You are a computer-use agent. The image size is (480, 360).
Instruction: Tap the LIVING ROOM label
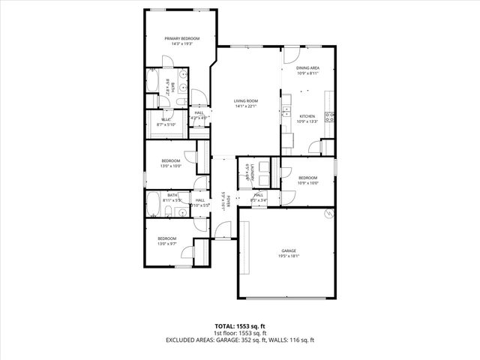(x=246, y=100)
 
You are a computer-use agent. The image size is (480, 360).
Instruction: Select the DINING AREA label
(x=307, y=68)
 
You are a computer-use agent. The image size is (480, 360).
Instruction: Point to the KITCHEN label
(x=307, y=116)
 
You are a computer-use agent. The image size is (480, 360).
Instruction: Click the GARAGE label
(x=289, y=250)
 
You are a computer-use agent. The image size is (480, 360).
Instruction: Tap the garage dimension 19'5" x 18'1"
(x=289, y=256)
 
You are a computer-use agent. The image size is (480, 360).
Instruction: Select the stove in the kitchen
(x=329, y=115)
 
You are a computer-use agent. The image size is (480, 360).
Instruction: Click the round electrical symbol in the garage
(x=327, y=214)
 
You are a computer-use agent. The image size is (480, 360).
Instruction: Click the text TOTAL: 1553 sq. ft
(x=240, y=326)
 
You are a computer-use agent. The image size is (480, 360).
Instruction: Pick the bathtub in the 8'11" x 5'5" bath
(x=152, y=202)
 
